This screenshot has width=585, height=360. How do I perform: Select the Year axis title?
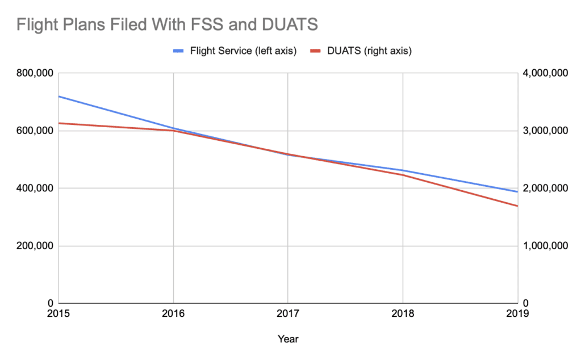coord(288,339)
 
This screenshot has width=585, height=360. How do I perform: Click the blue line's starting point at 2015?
coord(59,97)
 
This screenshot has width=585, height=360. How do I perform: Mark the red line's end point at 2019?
coord(517,206)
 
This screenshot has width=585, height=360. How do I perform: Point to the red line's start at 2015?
coord(59,123)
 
